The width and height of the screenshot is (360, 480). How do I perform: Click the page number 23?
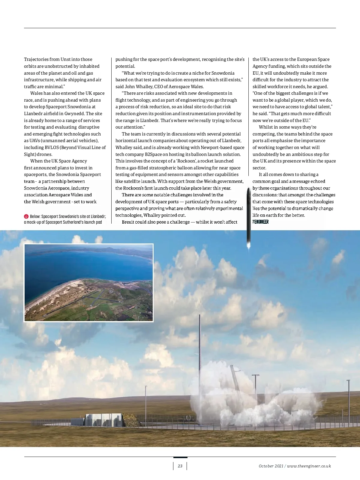pyautogui.click(x=180, y=466)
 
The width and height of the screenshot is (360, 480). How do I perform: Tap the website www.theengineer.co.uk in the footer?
pyautogui.click(x=309, y=466)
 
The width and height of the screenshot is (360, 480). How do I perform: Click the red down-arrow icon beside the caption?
pyautogui.click(x=26, y=216)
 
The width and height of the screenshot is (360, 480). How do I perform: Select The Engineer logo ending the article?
pyautogui.click(x=260, y=222)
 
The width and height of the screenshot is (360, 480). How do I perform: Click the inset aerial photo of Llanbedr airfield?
pyautogui.click(x=88, y=283)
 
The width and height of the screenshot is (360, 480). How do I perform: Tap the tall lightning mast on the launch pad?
pyautogui.click(x=199, y=360)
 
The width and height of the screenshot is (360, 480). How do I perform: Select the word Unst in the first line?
pyautogui.click(x=66, y=59)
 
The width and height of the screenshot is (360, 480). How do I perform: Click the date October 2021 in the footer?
pyautogui.click(x=271, y=466)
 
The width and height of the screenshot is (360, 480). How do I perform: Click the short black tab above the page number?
pyautogui.click(x=180, y=458)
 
